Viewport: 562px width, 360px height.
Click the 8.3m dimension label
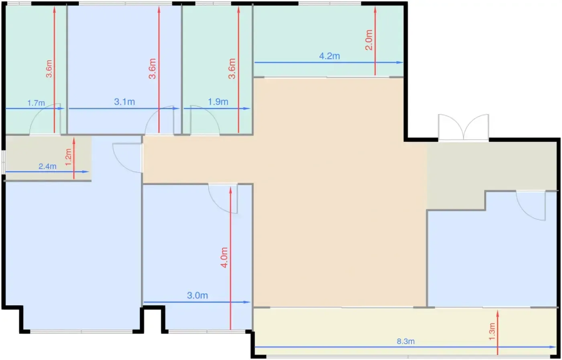tap(405, 341)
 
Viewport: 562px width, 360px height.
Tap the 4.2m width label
tap(330, 56)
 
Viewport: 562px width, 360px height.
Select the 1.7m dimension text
tap(36, 103)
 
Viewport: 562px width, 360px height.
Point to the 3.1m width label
tap(124, 102)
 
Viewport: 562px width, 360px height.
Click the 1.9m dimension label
tap(218, 102)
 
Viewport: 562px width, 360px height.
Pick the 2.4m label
tap(47, 166)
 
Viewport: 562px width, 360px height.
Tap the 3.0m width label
tap(198, 295)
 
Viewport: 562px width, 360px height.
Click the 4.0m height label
tap(224, 258)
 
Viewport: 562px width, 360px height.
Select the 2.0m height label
tap(369, 40)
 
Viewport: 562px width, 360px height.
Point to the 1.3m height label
tap(492, 331)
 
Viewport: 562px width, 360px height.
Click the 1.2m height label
tap(68, 157)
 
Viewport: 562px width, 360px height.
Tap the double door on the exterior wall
tap(463, 127)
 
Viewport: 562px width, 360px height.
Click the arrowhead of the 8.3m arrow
tap(553, 347)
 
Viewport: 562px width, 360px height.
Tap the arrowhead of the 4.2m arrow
tap(400, 62)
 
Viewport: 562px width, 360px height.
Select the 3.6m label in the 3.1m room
tap(152, 69)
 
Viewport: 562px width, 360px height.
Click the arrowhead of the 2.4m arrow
tap(86, 172)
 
